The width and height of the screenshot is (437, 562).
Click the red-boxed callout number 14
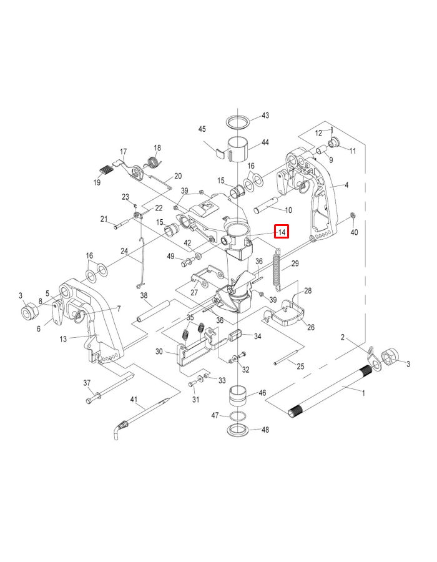coord(282,232)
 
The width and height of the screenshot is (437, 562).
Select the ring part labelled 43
coord(238,119)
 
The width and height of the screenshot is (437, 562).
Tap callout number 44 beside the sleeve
coord(265,142)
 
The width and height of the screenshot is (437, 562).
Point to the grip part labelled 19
coord(107,167)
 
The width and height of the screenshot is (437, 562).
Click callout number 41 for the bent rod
coord(133,399)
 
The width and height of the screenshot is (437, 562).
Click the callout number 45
coord(202,129)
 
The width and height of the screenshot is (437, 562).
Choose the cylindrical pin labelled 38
coord(154,312)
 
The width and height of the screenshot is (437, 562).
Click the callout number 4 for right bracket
coord(346,185)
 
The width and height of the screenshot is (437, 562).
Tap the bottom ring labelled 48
coord(238,430)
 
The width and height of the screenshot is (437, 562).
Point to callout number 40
coord(354,232)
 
